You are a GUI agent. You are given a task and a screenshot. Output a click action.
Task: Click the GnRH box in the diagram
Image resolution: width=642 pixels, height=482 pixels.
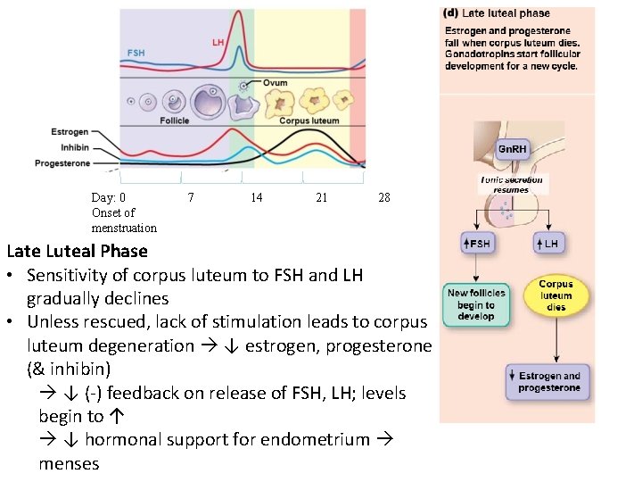(512, 148)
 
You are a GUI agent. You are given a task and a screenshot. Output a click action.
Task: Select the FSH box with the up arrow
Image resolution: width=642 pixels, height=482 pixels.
(477, 243)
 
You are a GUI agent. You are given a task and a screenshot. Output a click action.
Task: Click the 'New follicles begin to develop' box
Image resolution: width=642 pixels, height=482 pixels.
(476, 305)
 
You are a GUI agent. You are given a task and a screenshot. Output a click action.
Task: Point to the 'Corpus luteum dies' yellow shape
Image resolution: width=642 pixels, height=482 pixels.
(556, 295)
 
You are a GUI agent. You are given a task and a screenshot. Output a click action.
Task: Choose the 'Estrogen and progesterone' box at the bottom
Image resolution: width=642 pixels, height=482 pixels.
(548, 382)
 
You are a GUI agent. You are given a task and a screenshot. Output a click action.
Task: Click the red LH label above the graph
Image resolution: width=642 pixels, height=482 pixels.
(218, 42)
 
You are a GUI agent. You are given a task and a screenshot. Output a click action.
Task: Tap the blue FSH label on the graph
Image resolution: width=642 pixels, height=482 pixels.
(136, 54)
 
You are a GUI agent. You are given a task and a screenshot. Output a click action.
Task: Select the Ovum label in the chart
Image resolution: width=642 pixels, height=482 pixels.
(275, 83)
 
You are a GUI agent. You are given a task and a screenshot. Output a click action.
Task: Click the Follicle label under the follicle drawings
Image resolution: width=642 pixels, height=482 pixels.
(174, 120)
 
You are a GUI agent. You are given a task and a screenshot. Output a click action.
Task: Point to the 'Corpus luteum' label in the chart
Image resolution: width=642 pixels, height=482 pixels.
(309, 120)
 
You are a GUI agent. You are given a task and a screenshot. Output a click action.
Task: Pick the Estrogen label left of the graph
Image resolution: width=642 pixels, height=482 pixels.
(69, 132)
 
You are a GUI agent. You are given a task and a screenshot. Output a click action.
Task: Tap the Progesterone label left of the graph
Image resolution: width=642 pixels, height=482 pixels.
(62, 163)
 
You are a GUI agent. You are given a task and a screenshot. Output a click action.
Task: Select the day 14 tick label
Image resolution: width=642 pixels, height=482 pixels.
(257, 197)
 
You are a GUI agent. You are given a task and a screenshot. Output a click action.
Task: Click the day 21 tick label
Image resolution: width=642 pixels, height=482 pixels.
(321, 197)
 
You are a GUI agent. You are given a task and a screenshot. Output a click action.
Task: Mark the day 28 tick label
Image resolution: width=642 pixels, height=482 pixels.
(384, 197)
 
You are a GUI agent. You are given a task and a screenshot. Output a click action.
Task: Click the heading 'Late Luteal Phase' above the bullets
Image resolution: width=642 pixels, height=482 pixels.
(77, 251)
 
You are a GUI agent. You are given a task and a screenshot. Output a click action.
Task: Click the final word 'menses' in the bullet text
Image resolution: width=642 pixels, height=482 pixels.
(69, 463)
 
